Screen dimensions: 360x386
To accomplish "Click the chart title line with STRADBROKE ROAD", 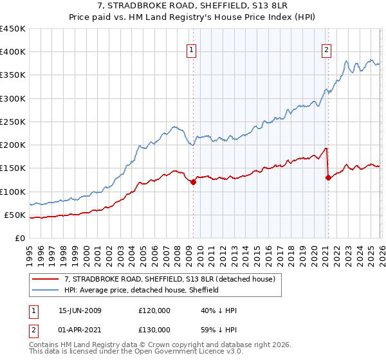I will coord(193,6).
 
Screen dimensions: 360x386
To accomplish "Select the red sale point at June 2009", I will coord(193,183).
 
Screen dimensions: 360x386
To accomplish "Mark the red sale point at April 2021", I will coord(328,178).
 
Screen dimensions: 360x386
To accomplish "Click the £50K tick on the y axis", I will coord(15,215).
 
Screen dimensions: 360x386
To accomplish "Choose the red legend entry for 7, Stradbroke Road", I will coord(170,279).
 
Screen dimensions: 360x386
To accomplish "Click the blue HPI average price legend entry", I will coord(142,290).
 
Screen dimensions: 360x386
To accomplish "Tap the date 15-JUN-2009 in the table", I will coord(80,310).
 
